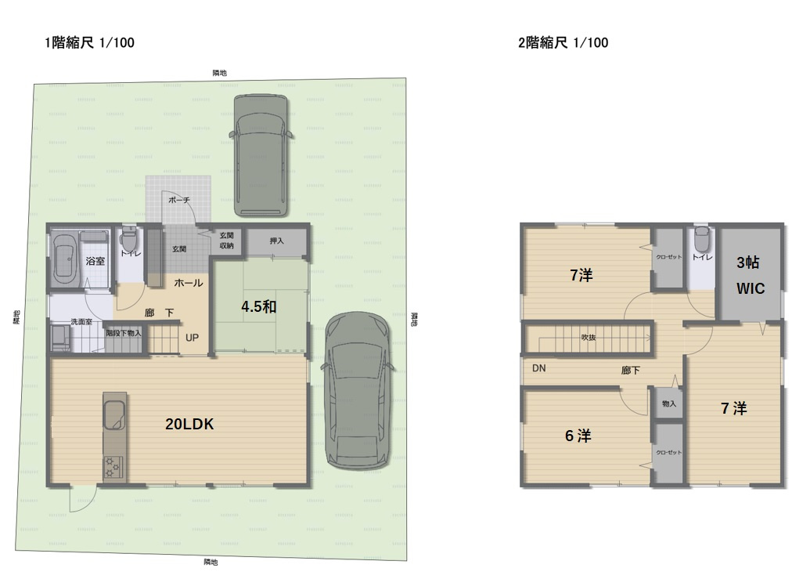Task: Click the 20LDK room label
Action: [x=189, y=425]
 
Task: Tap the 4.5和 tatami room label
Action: [x=258, y=307]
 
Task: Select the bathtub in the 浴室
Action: [x=64, y=259]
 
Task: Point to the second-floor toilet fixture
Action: [x=701, y=237]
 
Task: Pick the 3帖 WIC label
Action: [x=750, y=276]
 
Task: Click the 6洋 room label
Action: [x=578, y=436]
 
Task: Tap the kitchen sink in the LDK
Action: [x=114, y=414]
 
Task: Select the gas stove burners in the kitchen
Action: [x=113, y=465]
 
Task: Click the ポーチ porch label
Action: [x=179, y=201]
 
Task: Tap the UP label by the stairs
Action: [x=192, y=339]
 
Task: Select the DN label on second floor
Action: [x=539, y=367]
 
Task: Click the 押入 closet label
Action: [x=276, y=241]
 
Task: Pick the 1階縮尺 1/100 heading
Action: [x=89, y=43]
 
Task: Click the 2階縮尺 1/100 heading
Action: [x=563, y=43]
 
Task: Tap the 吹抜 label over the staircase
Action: [x=589, y=338]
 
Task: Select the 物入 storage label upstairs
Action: [x=668, y=403]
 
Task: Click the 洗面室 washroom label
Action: [x=81, y=322]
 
